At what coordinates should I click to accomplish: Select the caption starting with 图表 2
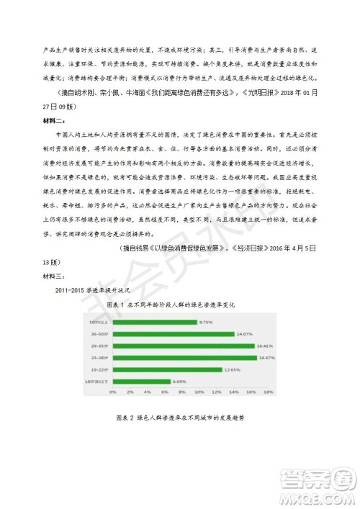pyautogui.click(x=180, y=418)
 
